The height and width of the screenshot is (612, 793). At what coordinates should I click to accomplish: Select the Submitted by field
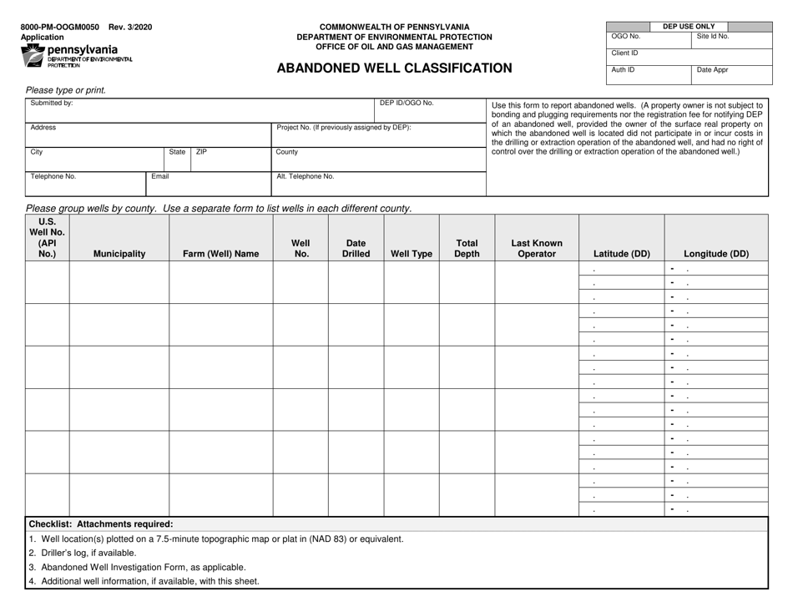click(200, 109)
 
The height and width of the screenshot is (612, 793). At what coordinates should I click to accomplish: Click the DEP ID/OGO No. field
click(428, 109)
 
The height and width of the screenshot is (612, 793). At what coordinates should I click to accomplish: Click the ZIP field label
click(201, 153)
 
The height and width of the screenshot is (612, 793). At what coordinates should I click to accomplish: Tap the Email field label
click(160, 177)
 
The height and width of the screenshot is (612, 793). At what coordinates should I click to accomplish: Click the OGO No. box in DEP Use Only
click(649, 41)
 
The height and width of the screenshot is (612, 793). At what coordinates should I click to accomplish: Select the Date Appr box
click(732, 73)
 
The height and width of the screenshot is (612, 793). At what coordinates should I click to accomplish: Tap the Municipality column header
click(119, 255)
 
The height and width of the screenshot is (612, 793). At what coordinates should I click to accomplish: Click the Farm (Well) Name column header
click(221, 255)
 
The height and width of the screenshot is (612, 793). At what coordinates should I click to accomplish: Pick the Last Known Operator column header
click(537, 249)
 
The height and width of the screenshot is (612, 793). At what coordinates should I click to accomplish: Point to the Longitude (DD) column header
click(716, 255)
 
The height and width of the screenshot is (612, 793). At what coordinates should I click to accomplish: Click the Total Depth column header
click(467, 249)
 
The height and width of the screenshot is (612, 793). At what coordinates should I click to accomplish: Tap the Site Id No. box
click(732, 41)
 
